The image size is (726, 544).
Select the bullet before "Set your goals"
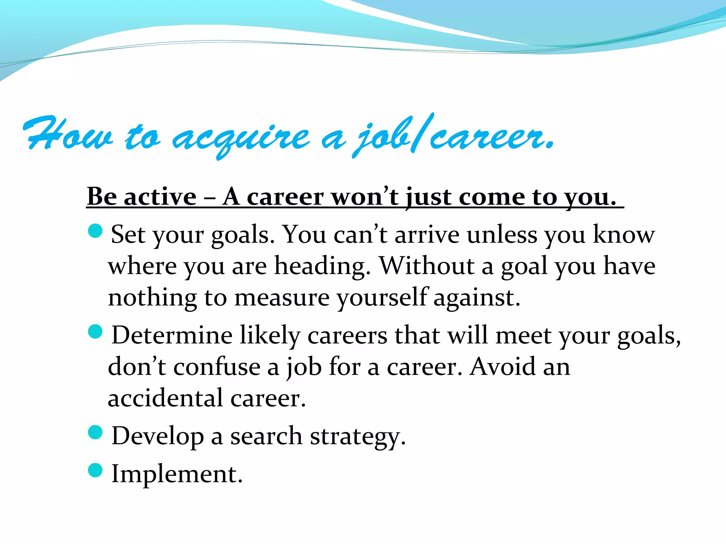tap(95, 231)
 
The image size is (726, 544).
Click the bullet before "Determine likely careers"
tap(95, 332)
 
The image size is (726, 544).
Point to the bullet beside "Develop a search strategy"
tap(95, 432)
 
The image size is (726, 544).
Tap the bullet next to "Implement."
tap(95, 470)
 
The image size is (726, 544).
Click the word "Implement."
tap(177, 474)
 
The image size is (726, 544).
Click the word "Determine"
tap(172, 335)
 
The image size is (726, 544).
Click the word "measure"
tap(282, 297)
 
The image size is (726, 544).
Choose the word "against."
tap(477, 297)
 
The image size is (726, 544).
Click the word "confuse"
tap(217, 367)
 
